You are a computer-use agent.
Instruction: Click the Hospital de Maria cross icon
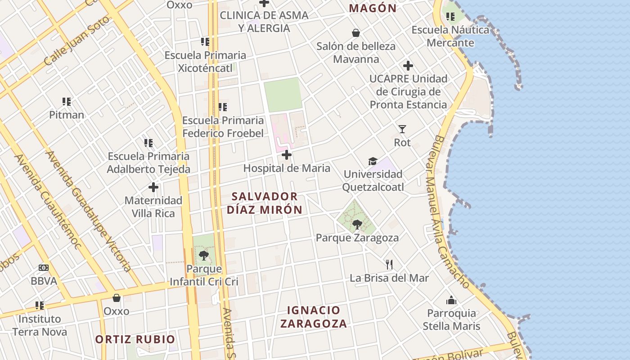(286, 155)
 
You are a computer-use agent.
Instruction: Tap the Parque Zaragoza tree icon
(357, 224)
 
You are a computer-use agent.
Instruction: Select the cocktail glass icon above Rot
(402, 129)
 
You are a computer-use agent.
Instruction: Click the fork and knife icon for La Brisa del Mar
(389, 265)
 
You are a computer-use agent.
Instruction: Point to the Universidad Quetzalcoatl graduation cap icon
(373, 161)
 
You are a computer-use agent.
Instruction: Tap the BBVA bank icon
(44, 268)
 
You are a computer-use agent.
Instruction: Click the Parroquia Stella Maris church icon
(451, 300)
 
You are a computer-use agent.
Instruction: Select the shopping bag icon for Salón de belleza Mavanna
(356, 33)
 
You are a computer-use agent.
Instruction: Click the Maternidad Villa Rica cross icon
(153, 187)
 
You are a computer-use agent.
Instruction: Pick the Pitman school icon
(67, 102)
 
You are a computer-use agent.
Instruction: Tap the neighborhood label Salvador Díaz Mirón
(265, 203)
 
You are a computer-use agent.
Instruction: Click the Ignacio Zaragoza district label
(313, 317)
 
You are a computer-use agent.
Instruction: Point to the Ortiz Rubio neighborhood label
(135, 339)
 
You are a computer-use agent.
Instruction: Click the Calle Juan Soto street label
(77, 41)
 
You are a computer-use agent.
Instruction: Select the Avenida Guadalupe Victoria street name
(89, 211)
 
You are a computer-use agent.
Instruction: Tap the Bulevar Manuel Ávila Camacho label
(452, 211)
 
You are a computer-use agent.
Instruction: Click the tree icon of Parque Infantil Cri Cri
(203, 256)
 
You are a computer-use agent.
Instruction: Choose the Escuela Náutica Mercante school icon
(450, 17)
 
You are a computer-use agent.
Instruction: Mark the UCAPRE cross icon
(408, 66)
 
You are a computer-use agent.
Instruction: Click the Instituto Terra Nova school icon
(40, 306)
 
